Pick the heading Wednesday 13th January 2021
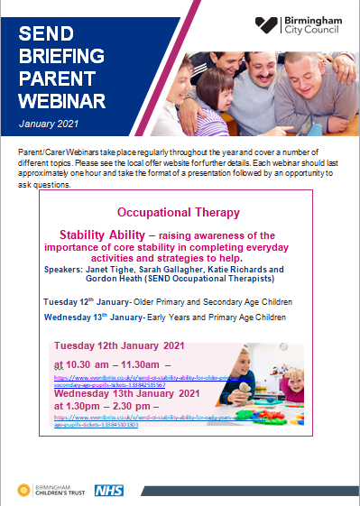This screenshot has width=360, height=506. pos(130,393)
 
